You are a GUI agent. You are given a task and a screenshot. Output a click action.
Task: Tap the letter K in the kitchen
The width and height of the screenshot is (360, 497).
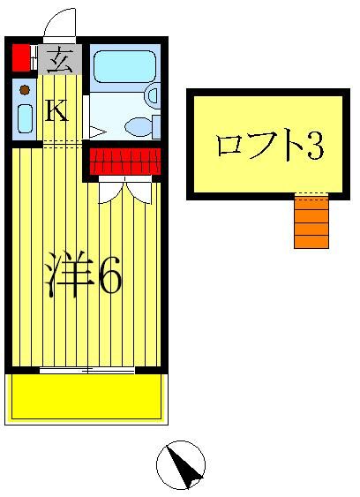pos(56,110)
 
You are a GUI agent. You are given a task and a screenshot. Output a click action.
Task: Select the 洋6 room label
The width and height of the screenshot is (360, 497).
pos(83,276)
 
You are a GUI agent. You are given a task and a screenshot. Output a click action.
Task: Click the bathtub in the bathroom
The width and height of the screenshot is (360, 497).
pos(124,66)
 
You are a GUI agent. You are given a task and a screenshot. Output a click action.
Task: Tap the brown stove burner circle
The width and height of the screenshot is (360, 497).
pos(25,90)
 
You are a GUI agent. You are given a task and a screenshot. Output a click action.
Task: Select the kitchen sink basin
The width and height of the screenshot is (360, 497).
pos(25,119)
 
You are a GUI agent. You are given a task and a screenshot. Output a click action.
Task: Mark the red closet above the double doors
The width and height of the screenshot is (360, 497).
pos(124,161)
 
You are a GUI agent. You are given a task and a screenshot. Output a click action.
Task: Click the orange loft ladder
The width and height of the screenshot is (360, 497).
pos(311,222)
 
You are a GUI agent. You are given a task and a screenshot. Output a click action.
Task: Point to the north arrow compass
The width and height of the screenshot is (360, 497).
pos(181,464)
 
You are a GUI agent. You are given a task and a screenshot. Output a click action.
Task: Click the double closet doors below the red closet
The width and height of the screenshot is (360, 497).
pos(124,189)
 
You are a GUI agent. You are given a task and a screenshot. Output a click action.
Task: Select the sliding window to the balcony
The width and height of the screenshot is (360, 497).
pos(86,369)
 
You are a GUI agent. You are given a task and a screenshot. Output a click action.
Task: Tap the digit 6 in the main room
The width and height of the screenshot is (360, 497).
pos(109,277)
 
